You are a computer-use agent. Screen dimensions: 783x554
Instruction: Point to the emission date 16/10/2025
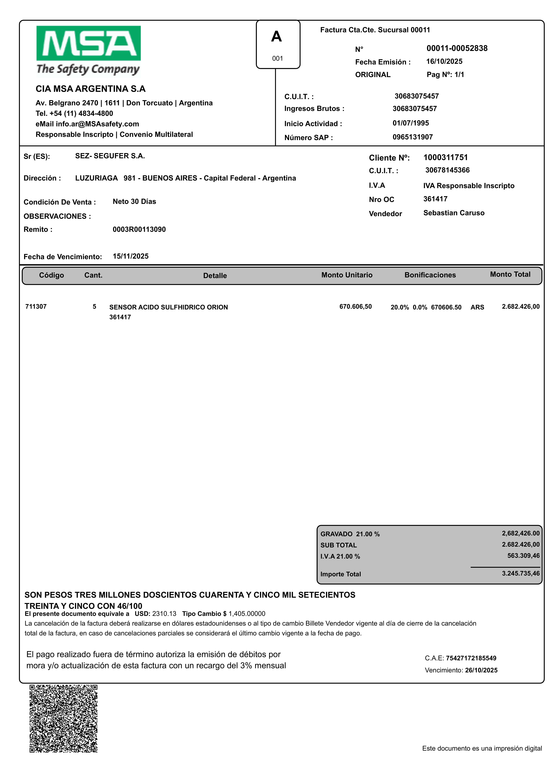[x=444, y=61]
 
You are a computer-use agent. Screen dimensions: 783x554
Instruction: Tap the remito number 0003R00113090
[x=139, y=229]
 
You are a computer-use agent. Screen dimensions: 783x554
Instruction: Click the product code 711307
[x=36, y=307]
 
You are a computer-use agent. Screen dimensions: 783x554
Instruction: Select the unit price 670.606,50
[x=355, y=307]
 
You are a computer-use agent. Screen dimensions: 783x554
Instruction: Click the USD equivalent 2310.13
[x=164, y=614]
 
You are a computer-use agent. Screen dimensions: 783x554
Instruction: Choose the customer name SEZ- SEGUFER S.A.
[x=110, y=156]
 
